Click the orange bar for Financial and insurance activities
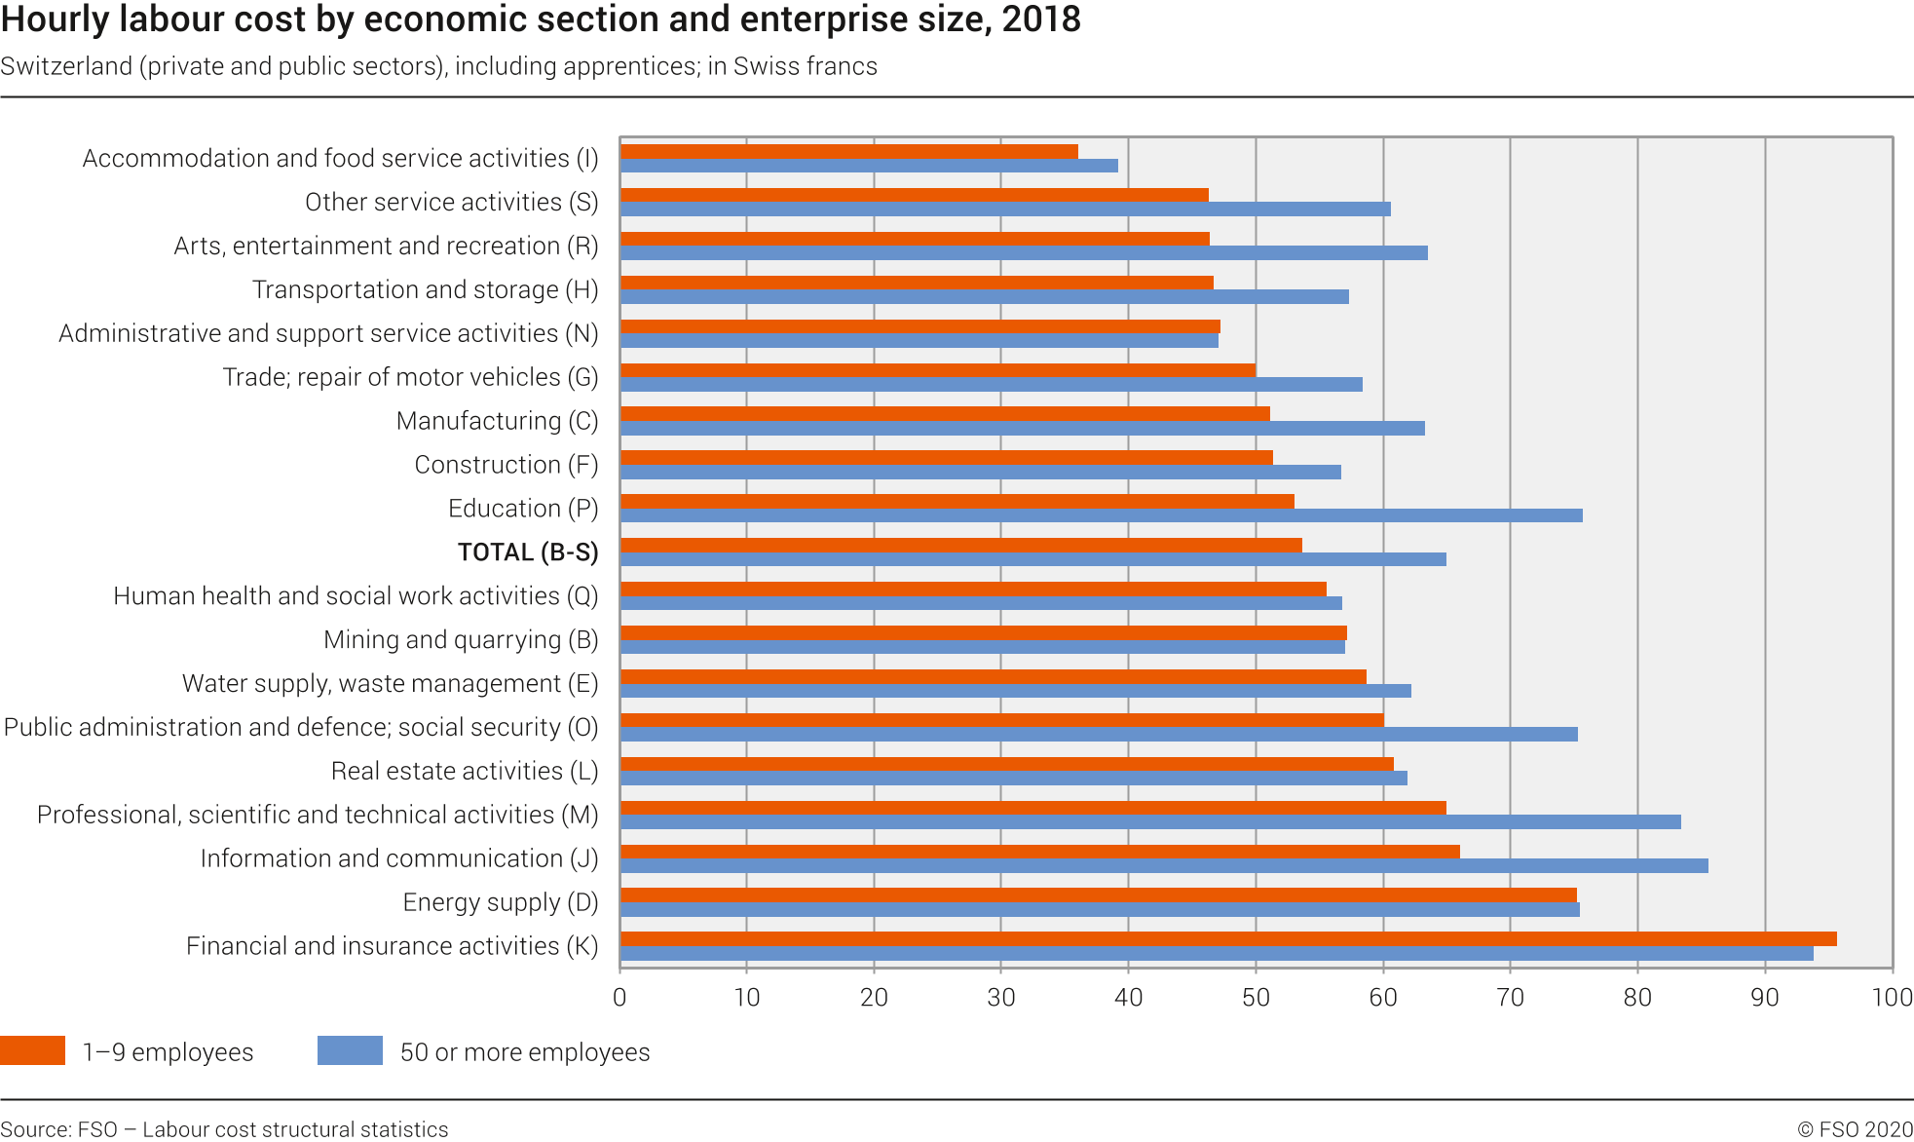click(1227, 939)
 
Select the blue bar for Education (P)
click(1101, 515)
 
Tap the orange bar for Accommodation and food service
click(848, 151)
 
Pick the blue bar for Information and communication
click(1164, 865)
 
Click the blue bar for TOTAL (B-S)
click(1032, 559)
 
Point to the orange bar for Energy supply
click(1098, 895)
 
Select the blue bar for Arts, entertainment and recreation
click(1024, 252)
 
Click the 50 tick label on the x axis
click(1256, 998)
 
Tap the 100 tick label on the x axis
click(1892, 998)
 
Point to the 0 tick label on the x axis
click(619, 998)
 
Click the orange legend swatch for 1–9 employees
click(32, 1050)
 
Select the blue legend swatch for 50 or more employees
click(350, 1050)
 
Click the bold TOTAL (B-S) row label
click(528, 552)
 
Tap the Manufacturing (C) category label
click(497, 421)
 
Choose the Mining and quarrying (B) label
click(461, 640)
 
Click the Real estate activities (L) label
click(465, 772)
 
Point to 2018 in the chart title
click(1041, 19)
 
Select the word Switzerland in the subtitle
click(66, 66)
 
